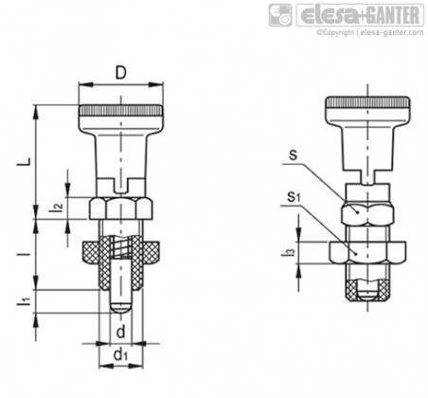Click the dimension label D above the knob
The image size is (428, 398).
pos(120,73)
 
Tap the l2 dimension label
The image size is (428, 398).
pos(58,207)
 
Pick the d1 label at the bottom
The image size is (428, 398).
pos(120,354)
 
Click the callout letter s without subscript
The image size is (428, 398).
pos(294,155)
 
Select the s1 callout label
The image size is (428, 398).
pos(294,197)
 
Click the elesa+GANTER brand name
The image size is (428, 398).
pos(360,15)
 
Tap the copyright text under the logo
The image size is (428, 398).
pos(370,32)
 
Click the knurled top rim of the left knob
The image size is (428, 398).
pos(121,111)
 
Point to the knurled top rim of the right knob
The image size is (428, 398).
pos(368,102)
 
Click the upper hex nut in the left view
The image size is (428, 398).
pos(120,208)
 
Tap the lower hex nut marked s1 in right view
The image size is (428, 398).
pos(367,252)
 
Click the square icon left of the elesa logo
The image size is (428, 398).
pos(280,15)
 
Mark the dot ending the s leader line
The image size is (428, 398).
pos(357,212)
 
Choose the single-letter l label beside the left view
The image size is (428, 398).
pos(28,254)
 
